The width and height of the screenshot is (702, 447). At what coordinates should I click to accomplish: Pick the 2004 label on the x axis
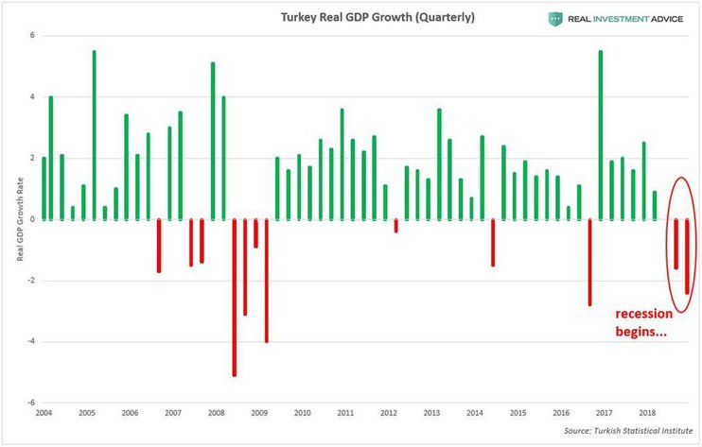point(44,414)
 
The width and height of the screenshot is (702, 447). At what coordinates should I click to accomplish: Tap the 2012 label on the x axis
point(389,414)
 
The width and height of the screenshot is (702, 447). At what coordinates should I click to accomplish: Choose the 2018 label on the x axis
point(648,414)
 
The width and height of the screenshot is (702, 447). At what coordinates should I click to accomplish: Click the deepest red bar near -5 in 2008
point(234,297)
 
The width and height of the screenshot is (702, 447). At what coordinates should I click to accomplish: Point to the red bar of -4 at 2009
point(267,280)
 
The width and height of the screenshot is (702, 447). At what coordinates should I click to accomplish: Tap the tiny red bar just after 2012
point(395,226)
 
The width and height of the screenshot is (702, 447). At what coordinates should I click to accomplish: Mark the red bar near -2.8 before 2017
point(590,262)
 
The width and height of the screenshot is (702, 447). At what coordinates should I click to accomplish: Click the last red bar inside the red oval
point(688,256)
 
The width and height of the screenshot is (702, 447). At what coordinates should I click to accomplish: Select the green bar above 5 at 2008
point(213,140)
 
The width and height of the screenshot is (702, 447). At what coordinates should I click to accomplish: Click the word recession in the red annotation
point(646,314)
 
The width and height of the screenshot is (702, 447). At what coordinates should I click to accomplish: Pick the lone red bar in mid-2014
point(493,242)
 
